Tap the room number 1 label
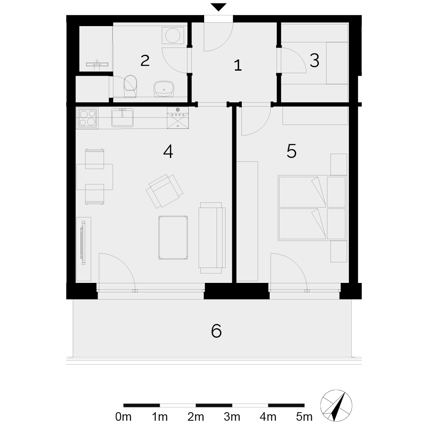[x=238, y=65]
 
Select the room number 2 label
[x=145, y=61]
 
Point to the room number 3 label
[x=315, y=61]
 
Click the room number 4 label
[x=168, y=152]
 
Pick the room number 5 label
[x=291, y=151]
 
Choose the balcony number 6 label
[x=216, y=331]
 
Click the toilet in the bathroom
[x=131, y=86]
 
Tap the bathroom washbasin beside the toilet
[x=164, y=89]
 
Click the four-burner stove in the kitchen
[x=88, y=118]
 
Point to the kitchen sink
[x=122, y=117]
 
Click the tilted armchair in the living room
[x=165, y=191]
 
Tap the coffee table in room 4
[x=173, y=237]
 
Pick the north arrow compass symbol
[x=336, y=406]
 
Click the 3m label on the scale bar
[x=232, y=417]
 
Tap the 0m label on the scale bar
[x=123, y=417]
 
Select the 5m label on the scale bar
[x=304, y=417]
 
